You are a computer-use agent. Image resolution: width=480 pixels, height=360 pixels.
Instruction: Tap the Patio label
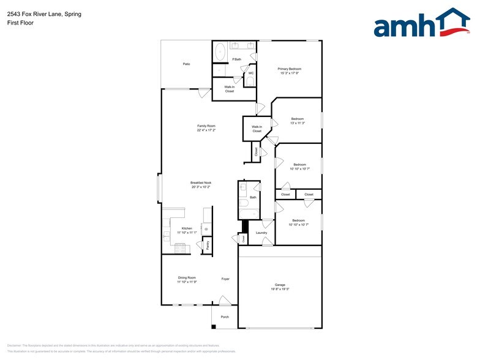point(186,64)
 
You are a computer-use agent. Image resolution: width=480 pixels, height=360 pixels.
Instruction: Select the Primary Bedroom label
point(290,69)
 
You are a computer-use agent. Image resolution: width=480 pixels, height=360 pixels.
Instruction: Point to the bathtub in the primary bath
point(219,53)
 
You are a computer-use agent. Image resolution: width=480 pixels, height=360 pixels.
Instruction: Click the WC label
point(251,73)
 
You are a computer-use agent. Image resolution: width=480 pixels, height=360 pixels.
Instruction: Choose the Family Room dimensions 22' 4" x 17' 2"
point(206,130)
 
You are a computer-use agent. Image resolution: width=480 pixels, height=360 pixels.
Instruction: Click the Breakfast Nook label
point(200,182)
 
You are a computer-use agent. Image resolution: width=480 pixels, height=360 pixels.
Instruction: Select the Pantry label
point(208,244)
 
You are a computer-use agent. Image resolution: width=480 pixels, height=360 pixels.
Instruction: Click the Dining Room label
point(187,277)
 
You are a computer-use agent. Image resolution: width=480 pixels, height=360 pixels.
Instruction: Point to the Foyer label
point(225,279)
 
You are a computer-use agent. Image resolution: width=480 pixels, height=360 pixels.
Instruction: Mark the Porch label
point(225,317)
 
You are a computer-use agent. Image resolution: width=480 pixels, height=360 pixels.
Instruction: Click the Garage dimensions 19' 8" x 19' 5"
point(280,289)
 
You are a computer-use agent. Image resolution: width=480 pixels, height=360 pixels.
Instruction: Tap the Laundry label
point(261,233)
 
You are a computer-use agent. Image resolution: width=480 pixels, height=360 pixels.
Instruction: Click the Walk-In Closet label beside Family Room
point(257,129)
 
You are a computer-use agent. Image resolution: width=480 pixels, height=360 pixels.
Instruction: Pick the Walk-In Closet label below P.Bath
point(229,89)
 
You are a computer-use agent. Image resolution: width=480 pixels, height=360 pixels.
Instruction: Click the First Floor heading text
point(21,23)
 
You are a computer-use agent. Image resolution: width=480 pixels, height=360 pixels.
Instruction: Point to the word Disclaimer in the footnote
point(13,345)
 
